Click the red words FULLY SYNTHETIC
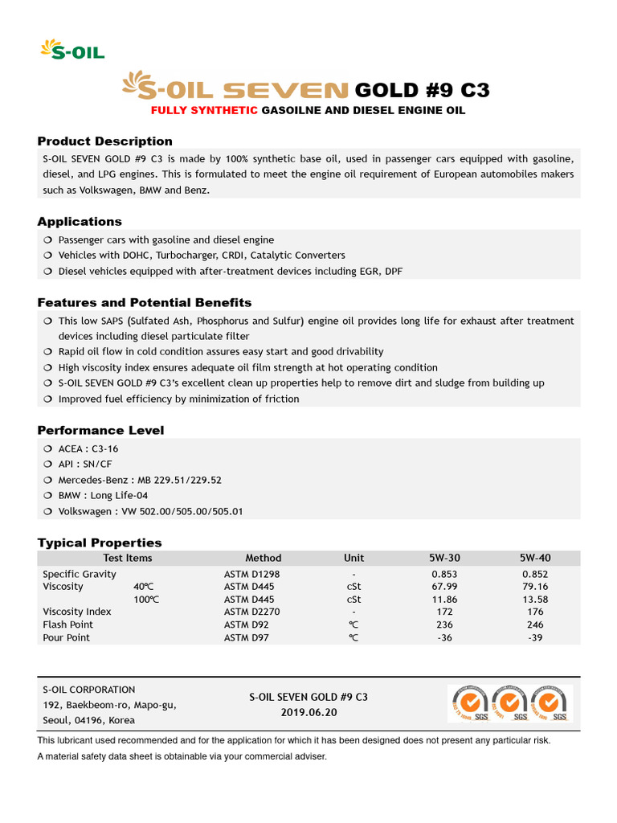point(204,110)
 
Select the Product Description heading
point(104,141)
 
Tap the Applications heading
point(80,221)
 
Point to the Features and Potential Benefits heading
point(145,302)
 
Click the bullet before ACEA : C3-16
point(47,449)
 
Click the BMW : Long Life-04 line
point(103,496)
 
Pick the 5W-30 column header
point(444,558)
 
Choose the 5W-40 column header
point(535,558)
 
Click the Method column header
point(264,558)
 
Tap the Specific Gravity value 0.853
point(444,574)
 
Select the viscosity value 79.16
point(535,587)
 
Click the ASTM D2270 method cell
point(252,612)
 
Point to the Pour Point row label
point(66,637)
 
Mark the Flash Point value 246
point(535,624)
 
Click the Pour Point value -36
point(444,637)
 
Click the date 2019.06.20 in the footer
point(308,713)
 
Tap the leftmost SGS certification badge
point(468,704)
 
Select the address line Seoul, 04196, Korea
point(88,720)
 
